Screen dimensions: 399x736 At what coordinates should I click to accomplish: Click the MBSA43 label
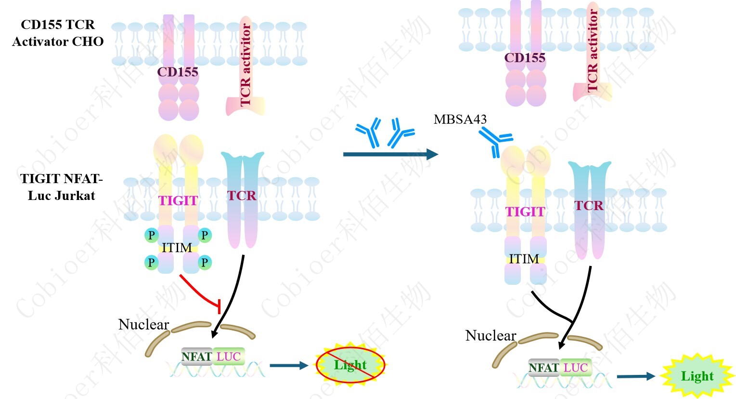[460, 120]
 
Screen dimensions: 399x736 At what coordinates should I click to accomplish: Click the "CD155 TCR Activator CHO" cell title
[58, 33]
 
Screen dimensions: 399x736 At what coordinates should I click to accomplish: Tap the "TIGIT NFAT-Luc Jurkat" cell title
[61, 187]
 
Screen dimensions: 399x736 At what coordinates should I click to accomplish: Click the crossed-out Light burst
[350, 365]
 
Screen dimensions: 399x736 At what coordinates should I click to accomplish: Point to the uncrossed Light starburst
[697, 376]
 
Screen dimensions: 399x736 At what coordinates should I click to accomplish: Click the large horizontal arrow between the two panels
[390, 154]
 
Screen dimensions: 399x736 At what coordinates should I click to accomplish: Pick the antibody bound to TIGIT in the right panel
[494, 143]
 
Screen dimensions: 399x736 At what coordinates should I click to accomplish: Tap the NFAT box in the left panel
[196, 357]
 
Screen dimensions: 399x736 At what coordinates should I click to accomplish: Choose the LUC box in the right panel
[575, 368]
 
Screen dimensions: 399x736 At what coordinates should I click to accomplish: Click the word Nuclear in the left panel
[143, 324]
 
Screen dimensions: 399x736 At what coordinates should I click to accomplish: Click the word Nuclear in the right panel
[491, 335]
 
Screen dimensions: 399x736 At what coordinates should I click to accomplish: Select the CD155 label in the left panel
[178, 72]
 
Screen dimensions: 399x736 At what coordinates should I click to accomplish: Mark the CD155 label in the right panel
[525, 58]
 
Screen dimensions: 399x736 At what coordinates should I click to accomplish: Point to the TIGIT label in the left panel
[178, 200]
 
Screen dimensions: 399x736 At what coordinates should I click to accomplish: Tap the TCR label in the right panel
[589, 206]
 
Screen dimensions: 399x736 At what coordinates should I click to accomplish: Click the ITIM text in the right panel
[524, 259]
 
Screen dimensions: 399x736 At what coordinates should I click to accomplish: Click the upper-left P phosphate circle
[152, 235]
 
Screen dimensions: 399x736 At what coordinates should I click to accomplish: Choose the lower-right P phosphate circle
[205, 263]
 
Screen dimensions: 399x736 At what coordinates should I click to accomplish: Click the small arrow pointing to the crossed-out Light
[288, 365]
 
